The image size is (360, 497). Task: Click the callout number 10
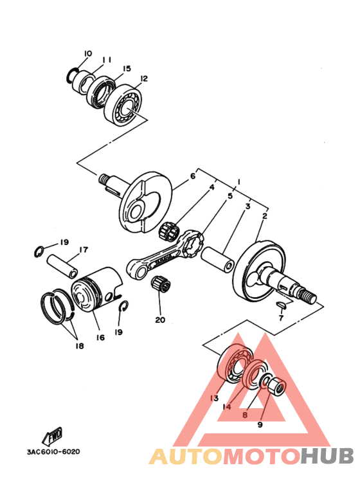88,53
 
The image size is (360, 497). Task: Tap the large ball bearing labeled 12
123,105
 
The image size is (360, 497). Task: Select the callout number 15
127,68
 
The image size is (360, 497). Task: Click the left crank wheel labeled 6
146,202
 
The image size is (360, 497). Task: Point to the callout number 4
212,187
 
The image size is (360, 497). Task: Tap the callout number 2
265,216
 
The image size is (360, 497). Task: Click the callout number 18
79,346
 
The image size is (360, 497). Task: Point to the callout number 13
214,399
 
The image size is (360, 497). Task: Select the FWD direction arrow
52,436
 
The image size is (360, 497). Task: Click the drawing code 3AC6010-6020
53,451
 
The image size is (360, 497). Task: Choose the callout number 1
239,182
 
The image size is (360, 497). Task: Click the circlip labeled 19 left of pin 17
39,252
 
